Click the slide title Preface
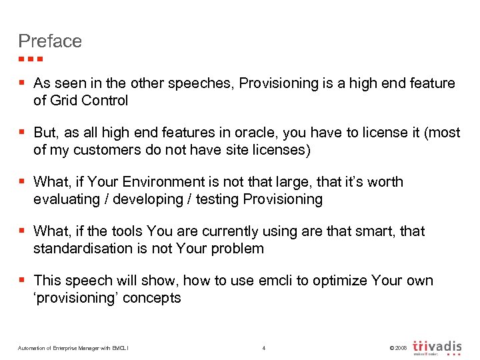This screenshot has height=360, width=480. pyautogui.click(x=50, y=41)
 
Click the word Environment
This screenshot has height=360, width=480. pyautogui.click(x=157, y=182)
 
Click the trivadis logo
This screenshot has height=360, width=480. pyautogui.click(x=437, y=347)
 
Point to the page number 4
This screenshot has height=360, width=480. pyautogui.click(x=264, y=348)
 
